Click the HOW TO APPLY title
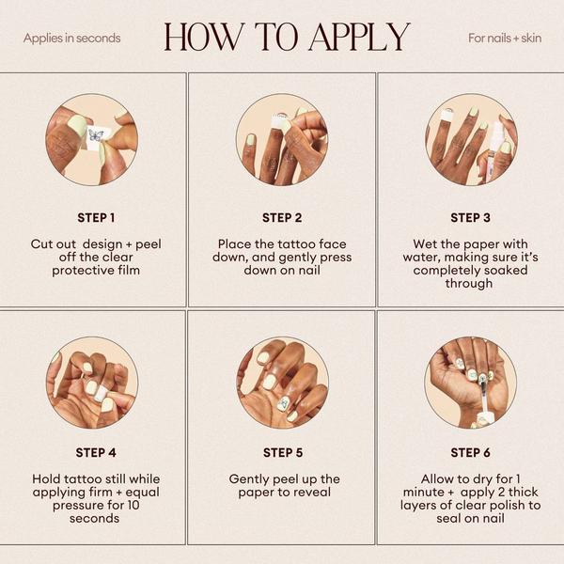(x=287, y=37)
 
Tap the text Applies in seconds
(x=72, y=39)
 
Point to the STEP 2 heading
(x=282, y=217)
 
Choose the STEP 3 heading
(x=470, y=217)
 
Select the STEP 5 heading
(x=282, y=452)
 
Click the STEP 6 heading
(x=470, y=452)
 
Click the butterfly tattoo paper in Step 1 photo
(x=95, y=137)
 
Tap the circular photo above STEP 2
(x=282, y=139)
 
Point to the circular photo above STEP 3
(x=470, y=139)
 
